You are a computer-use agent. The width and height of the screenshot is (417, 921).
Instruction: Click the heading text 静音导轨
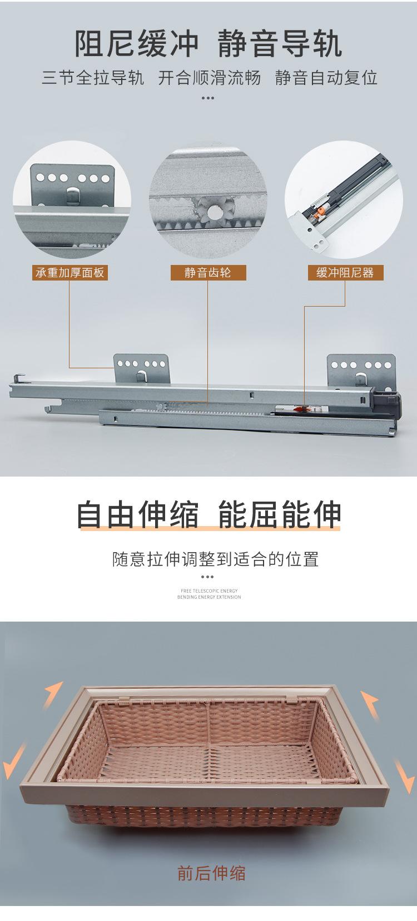point(280,44)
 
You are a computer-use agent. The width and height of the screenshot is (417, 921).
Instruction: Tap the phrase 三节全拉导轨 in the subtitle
point(93,77)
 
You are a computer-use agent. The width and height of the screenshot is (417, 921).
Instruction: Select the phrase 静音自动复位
point(326,77)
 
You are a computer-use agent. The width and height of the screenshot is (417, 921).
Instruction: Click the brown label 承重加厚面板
point(69,273)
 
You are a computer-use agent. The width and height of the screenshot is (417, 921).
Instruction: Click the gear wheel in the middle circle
point(212,211)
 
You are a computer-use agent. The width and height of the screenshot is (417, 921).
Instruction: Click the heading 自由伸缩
point(137,515)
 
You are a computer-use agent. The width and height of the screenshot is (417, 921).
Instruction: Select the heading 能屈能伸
point(280,515)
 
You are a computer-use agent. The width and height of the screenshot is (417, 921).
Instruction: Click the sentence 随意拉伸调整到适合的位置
point(215,558)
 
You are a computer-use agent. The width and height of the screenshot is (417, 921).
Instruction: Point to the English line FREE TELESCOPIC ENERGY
point(209,590)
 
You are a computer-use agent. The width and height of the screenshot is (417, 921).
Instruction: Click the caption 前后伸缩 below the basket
point(211,873)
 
